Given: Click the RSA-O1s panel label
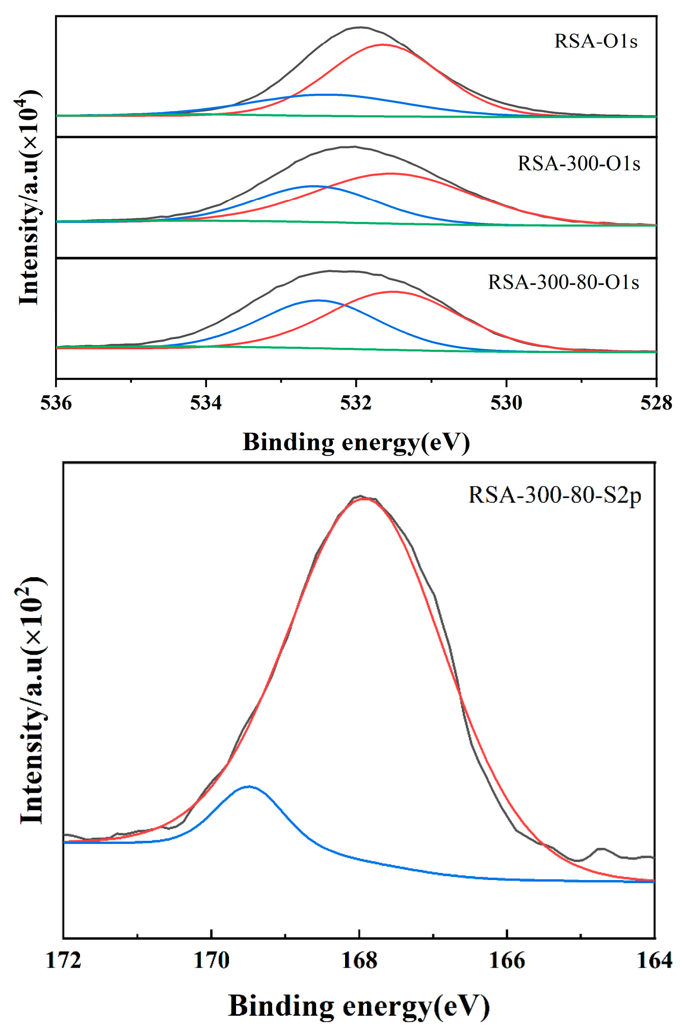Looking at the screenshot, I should tap(596, 41).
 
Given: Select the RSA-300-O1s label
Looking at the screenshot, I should tap(579, 164).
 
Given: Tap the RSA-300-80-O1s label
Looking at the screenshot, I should tap(563, 282).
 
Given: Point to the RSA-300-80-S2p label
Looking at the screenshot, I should tap(555, 495).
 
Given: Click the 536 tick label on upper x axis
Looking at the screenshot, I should tap(56, 403).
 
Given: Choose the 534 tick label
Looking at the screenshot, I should tap(206, 403).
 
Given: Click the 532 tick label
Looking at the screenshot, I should tap(356, 403).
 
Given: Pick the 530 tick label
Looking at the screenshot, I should tap(506, 403).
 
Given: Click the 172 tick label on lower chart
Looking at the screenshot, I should tap(63, 960).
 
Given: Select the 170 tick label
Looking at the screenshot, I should tap(211, 960).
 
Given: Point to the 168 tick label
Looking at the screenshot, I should tap(359, 960).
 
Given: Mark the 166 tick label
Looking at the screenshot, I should tap(507, 960).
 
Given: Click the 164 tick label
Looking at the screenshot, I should tap(654, 960).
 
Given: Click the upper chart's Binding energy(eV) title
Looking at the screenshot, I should tap(356, 442).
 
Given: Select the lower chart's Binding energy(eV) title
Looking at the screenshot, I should tap(359, 1006).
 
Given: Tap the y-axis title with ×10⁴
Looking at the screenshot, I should tap(30, 197).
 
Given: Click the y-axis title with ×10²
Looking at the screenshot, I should tap(32, 700).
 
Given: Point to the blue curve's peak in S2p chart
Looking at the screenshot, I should tap(249, 786).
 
